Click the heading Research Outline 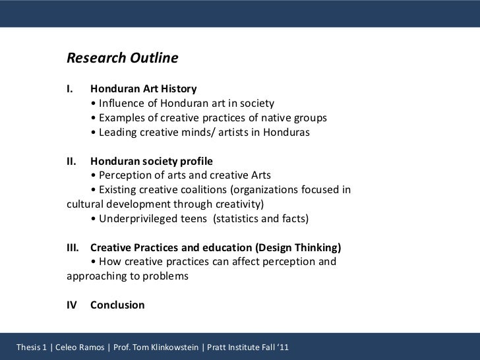pos(123,59)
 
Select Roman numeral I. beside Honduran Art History pos(71,88)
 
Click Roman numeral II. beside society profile pos(73,161)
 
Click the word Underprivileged pos(135,219)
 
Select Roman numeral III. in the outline pos(74,248)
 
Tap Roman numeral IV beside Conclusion pos(73,306)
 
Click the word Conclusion pos(117,306)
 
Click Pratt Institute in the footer pos(235,345)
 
